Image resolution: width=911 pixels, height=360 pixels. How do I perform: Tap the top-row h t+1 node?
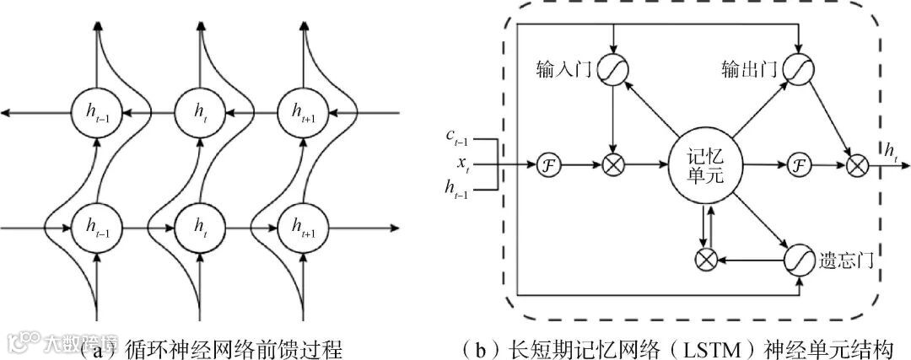click(301, 110)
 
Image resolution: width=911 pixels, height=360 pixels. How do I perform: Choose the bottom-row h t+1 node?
click(301, 226)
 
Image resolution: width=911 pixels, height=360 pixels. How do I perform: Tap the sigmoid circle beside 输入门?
click(613, 71)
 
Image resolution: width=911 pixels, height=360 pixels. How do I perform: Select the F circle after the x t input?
click(549, 164)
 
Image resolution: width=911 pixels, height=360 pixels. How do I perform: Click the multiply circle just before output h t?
click(858, 164)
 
